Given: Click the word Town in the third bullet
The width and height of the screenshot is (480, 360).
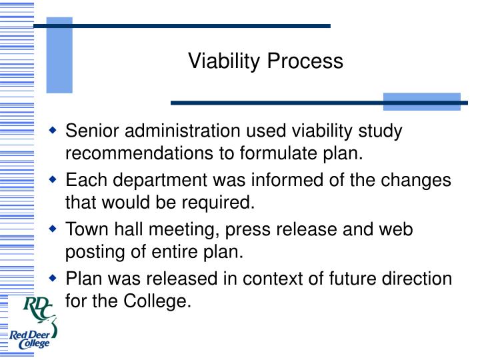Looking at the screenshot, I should coord(86,229).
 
